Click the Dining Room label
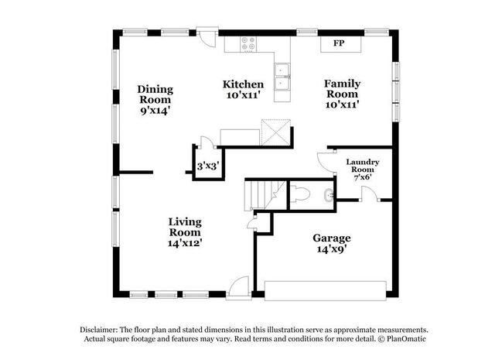coord(155,94)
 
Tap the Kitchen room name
coord(243,84)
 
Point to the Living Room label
coord(185,227)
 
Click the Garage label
coord(331,238)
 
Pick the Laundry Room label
coord(362,166)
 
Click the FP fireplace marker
coord(339,43)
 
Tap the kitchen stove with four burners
coord(249,44)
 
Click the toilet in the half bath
coord(303,194)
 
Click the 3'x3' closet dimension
coord(206,166)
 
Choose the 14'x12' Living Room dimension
coord(185,243)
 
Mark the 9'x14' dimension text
coord(155,111)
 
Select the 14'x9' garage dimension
coord(331,250)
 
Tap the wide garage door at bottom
coord(326,290)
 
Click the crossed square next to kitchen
coord(275,132)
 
